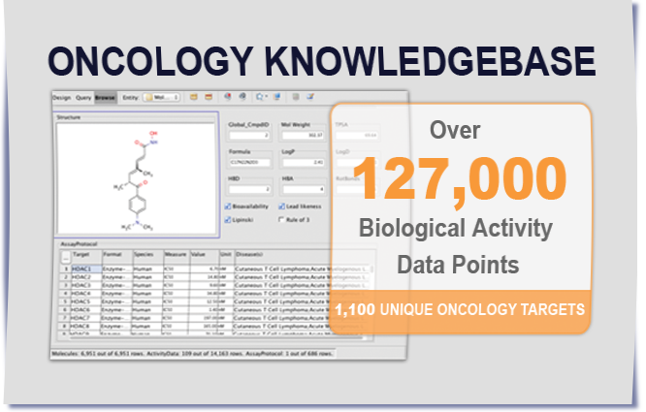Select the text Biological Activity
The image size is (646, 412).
(x=460, y=230)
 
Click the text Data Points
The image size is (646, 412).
(x=460, y=263)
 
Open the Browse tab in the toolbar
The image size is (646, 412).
(x=105, y=97)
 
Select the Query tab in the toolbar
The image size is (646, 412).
(x=83, y=97)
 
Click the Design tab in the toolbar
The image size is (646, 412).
(x=61, y=97)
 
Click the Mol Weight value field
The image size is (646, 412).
(x=302, y=135)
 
